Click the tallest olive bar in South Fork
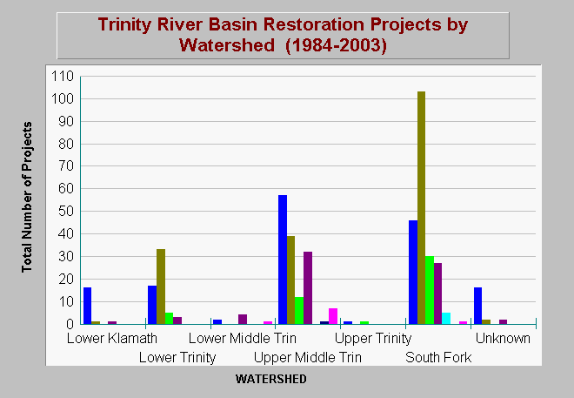point(421,208)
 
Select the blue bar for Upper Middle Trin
point(283,260)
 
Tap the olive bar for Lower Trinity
point(161,287)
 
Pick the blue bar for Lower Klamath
point(88,306)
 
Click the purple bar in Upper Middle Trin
point(308,288)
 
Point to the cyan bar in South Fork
point(446,319)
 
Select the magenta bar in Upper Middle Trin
point(333,316)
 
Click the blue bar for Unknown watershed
point(477,306)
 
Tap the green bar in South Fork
point(430,290)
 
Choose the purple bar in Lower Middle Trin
point(243,320)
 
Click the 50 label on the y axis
point(66,212)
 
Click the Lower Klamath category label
point(112,338)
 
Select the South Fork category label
point(438,357)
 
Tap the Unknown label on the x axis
point(503,338)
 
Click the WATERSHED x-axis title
point(270,379)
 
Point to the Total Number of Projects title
point(27,197)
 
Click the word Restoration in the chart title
point(314,24)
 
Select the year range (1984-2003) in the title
point(336,45)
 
